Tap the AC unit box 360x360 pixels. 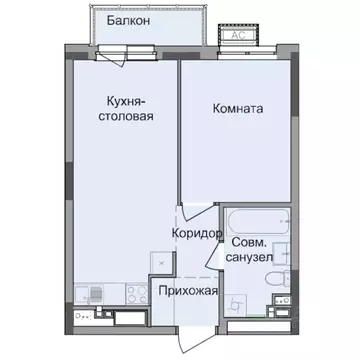click(240, 31)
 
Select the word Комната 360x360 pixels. click(239, 110)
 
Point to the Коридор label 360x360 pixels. click(196, 232)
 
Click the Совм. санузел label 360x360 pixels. click(252, 250)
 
